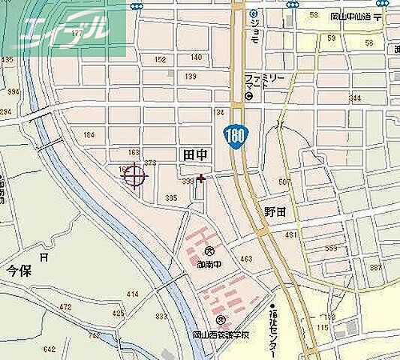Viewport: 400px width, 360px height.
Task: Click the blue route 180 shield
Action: coord(235,138)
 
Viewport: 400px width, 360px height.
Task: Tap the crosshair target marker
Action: coord(134,177)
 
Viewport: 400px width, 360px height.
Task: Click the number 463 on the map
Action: coord(245,259)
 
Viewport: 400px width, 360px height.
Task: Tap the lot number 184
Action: coord(89,135)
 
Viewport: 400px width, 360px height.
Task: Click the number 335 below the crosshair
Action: coord(172,198)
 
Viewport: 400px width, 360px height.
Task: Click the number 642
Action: coord(50,328)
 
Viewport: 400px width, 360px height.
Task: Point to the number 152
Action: coord(159,59)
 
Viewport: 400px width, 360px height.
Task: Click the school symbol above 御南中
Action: coord(209,252)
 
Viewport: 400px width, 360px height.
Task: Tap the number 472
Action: coord(65,307)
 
